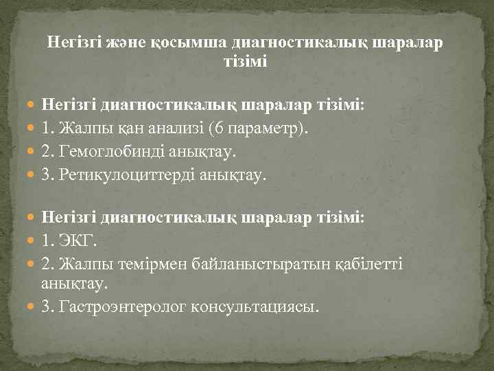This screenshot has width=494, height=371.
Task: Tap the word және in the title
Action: [122, 43]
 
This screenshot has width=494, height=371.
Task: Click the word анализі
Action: [178, 128]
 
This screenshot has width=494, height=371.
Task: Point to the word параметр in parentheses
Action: [270, 128]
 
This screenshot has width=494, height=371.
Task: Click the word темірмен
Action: [134, 264]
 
